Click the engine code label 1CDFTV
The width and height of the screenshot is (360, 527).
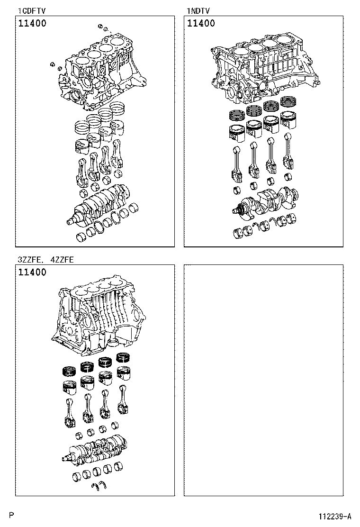click(x=32, y=10)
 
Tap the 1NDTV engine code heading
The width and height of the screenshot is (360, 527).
click(x=198, y=10)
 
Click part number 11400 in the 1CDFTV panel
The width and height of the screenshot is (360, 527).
click(x=32, y=23)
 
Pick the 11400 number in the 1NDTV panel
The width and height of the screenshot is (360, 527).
click(x=201, y=23)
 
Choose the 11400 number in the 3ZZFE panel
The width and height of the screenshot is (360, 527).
click(x=32, y=272)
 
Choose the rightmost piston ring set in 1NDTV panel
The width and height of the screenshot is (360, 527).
click(x=288, y=101)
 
